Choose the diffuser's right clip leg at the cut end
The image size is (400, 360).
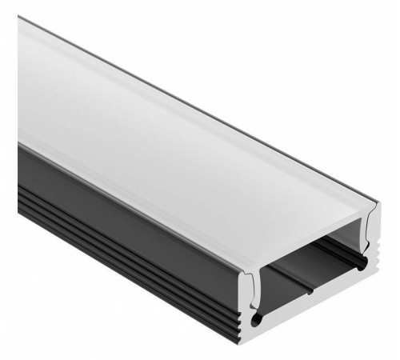point(366,239)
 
